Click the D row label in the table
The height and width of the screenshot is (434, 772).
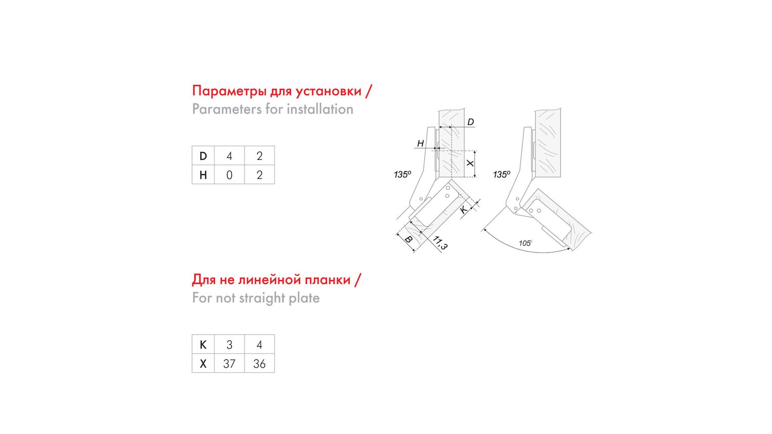[x=203, y=156]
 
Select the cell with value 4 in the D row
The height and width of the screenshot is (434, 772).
[x=229, y=156]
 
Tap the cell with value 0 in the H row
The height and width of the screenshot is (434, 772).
[x=229, y=175]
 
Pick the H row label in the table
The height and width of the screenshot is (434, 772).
[x=203, y=175]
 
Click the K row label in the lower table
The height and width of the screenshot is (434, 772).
[x=203, y=345]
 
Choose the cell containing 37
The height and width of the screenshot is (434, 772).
[x=229, y=364]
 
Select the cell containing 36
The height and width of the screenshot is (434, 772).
[x=259, y=364]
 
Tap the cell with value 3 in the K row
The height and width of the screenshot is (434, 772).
[x=229, y=345]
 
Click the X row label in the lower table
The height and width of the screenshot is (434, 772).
[x=203, y=364]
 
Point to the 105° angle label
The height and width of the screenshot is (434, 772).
[x=525, y=243]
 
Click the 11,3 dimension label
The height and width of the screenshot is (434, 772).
[x=440, y=243]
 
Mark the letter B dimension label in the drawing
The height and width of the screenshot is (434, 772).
[x=408, y=240]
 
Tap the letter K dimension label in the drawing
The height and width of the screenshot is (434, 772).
[x=464, y=209]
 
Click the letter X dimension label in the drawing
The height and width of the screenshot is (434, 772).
[x=470, y=163]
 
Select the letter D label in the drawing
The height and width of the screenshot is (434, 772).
[x=470, y=122]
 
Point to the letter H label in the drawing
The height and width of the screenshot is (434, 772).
[x=420, y=143]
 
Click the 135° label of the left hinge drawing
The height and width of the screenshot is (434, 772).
[x=402, y=174]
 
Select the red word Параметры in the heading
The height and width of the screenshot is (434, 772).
[x=229, y=91]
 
